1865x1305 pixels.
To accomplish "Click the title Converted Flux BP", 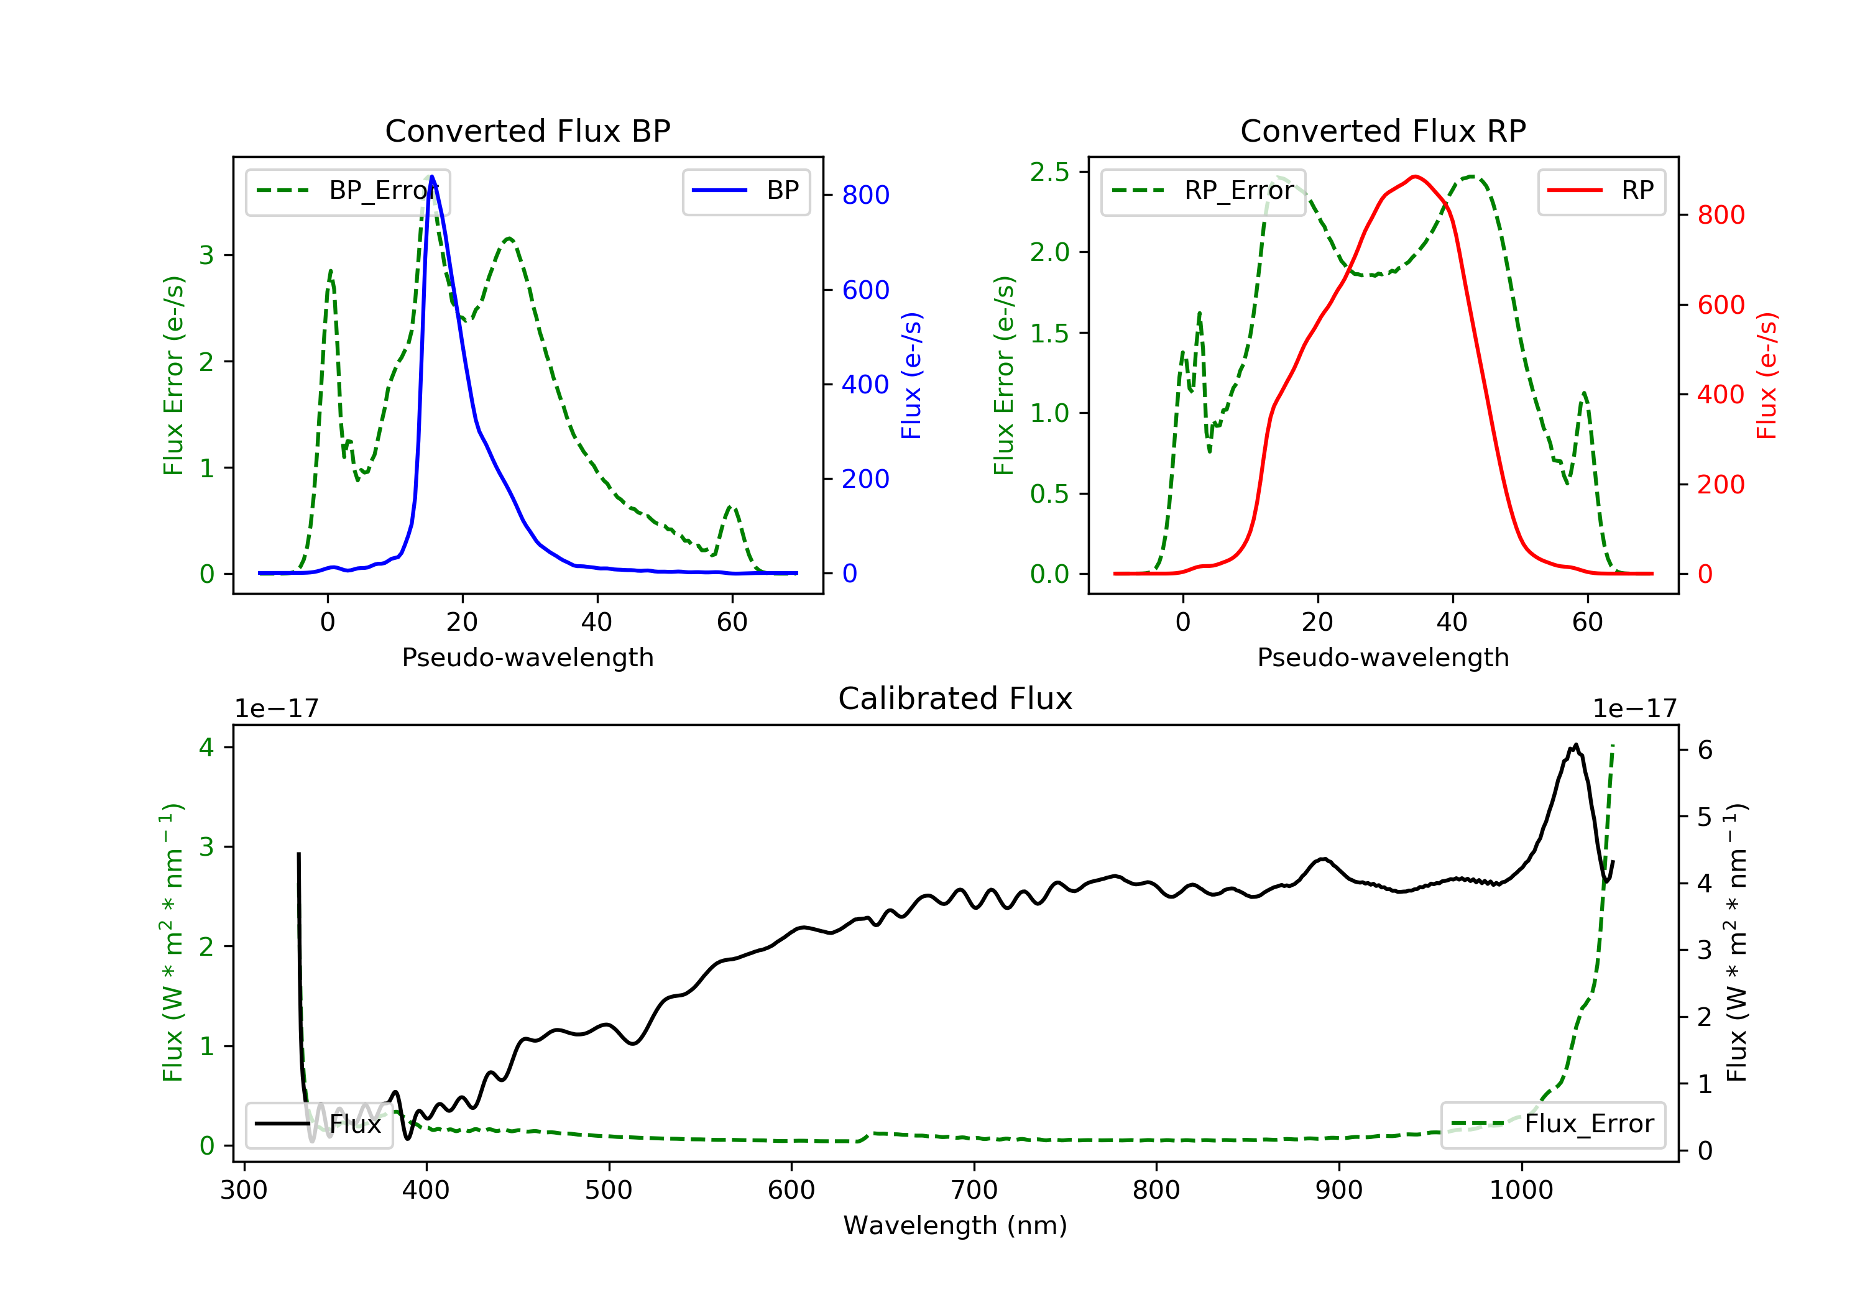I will pyautogui.click(x=527, y=130).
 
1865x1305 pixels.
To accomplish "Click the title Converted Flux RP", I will pyautogui.click(x=1383, y=130).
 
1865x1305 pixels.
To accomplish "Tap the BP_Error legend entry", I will pyautogui.click(x=348, y=191).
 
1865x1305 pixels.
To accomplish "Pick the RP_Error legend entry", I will pyautogui.click(x=1203, y=191).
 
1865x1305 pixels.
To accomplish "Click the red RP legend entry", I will pyautogui.click(x=1601, y=191).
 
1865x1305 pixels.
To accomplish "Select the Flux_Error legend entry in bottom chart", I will pyautogui.click(x=1552, y=1124).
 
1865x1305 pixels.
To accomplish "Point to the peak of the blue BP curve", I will pyautogui.click(x=431, y=176).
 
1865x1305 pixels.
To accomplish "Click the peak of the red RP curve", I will pyautogui.click(x=1415, y=176).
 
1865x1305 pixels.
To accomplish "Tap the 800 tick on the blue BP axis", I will pyautogui.click(x=865, y=195).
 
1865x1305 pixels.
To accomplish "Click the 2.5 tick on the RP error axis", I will pyautogui.click(x=1049, y=172).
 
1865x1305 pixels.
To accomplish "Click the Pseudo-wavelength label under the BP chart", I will pyautogui.click(x=527, y=657).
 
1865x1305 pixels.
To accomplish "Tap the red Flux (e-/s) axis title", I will pyautogui.click(x=1767, y=375).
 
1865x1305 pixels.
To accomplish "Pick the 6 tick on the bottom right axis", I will pyautogui.click(x=1705, y=749).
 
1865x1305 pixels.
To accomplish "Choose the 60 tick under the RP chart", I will pyautogui.click(x=1586, y=622).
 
